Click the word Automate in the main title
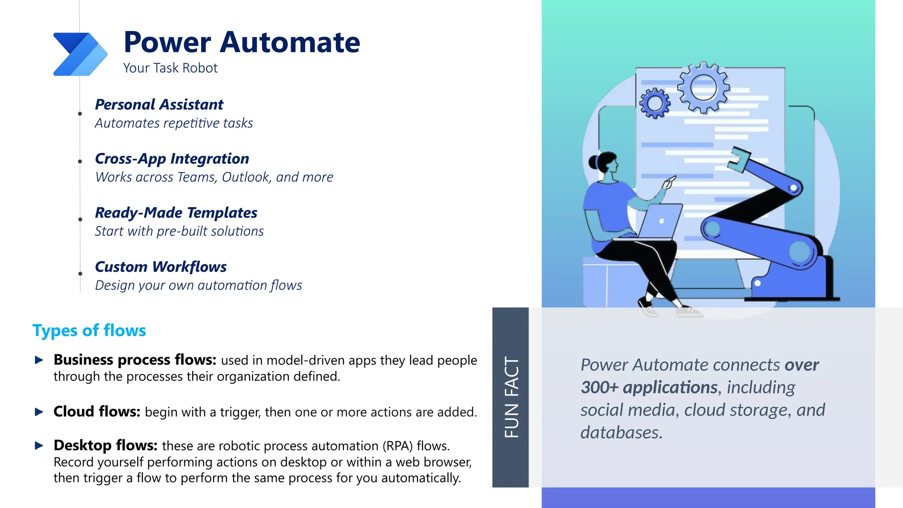290,42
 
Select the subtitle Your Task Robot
170,68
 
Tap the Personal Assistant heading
159,105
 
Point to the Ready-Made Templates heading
176,213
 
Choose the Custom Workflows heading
161,267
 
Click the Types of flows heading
89,330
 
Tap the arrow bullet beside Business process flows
39,360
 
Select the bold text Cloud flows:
97,411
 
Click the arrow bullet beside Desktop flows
39,446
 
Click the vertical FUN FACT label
511,397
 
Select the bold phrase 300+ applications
649,387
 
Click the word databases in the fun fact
621,433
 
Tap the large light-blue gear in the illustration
703,87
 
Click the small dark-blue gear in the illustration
655,103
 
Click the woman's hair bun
593,162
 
